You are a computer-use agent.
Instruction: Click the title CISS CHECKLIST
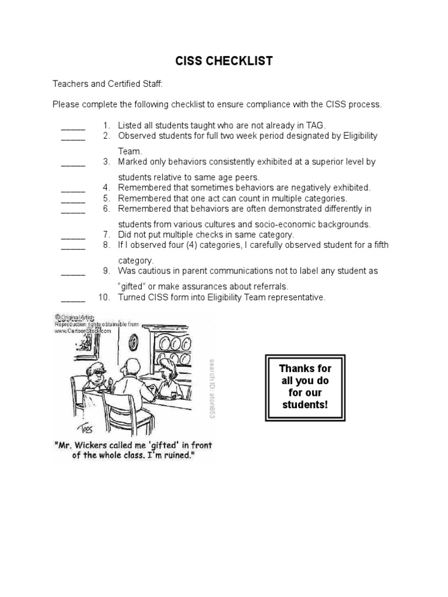point(225,61)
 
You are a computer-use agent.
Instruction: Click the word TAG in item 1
point(317,125)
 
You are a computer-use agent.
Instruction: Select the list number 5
point(107,198)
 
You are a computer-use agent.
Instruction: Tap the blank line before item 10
point(73,298)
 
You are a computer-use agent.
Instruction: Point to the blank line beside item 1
point(73,126)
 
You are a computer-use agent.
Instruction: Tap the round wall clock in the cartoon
point(134,341)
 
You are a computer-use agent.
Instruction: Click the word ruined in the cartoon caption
point(178,455)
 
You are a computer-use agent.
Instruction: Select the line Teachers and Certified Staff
point(107,85)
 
